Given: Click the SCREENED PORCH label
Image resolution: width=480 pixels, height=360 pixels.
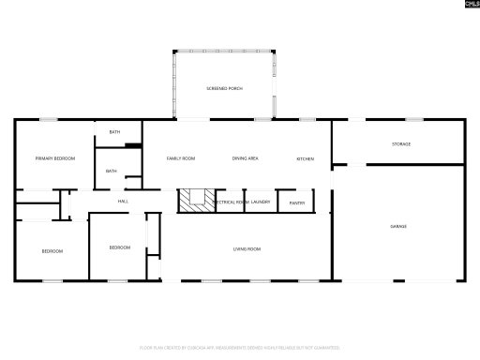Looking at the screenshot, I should [224, 88].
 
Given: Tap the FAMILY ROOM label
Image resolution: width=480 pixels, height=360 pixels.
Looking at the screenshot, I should [181, 158].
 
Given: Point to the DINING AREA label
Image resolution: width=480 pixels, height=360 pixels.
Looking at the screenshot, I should [246, 158].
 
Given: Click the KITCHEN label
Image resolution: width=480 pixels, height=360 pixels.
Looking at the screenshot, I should [306, 158].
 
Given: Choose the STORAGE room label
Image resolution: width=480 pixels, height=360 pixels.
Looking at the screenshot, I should [401, 143].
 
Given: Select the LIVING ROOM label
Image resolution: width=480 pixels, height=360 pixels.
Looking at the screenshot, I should [247, 248].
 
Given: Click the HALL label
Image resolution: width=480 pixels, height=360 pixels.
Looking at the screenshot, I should [123, 202].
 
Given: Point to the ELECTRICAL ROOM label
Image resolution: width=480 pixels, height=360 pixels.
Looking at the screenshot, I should [231, 202].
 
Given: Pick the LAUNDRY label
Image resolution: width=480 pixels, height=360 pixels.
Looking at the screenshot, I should [261, 202].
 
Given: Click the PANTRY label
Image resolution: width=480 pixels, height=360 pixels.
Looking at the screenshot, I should [296, 202].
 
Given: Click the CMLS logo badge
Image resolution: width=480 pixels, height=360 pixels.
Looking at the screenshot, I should [471, 6].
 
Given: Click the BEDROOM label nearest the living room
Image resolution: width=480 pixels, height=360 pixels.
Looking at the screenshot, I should [119, 247].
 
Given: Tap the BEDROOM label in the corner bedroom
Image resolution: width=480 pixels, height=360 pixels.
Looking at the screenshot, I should [52, 251].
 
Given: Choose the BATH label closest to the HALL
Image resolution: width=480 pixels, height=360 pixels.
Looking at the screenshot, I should [112, 171].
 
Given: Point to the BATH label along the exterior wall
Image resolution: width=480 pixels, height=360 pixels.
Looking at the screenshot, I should [114, 132].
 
